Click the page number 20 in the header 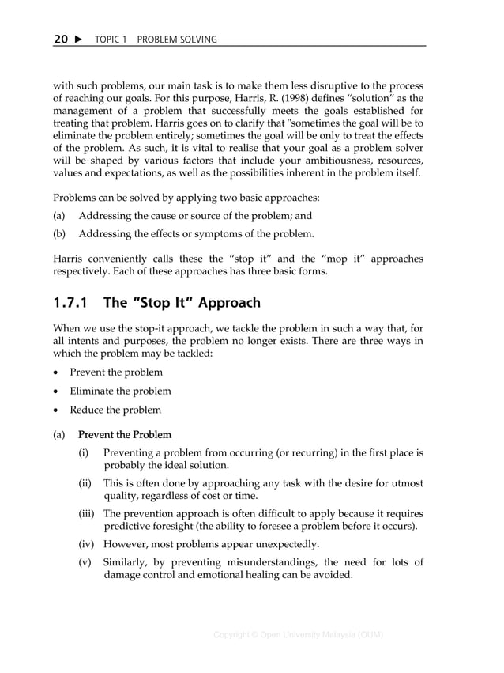click(61, 40)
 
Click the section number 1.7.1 click(72, 302)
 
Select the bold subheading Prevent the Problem click(125, 434)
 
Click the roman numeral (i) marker click(84, 453)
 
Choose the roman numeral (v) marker click(85, 562)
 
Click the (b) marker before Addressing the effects click(59, 234)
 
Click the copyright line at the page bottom click(299, 635)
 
